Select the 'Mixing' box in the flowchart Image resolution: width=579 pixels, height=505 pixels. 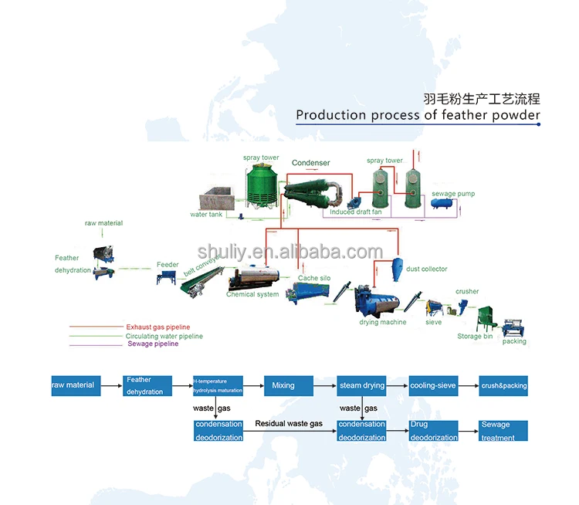289,385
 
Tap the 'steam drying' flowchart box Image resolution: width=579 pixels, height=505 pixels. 362,385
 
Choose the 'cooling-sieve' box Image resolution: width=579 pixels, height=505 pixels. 433,385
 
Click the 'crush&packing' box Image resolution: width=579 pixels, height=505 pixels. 503,385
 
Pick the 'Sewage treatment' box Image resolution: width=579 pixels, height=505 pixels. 503,431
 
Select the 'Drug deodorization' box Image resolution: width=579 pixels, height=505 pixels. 433,431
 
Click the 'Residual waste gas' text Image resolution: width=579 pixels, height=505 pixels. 289,424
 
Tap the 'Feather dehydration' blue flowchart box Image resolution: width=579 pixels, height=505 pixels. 145,385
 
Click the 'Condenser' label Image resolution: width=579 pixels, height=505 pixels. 310,163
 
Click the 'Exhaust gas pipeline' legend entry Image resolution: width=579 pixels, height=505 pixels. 157,327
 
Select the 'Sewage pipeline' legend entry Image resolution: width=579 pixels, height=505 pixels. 153,344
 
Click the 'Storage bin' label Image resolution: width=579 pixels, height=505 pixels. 475,336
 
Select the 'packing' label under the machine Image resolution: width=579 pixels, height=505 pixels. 514,341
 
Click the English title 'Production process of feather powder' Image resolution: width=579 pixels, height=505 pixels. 418,115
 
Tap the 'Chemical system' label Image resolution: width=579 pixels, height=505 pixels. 252,294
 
